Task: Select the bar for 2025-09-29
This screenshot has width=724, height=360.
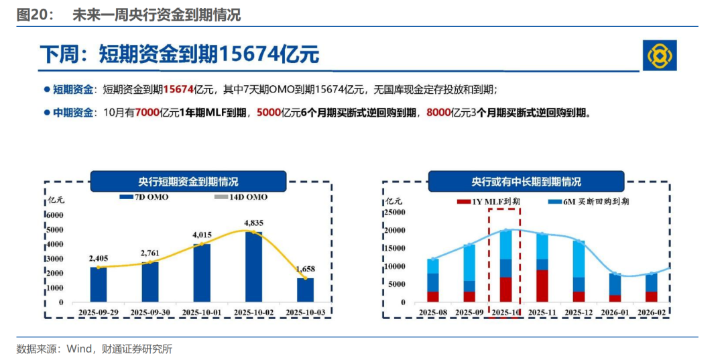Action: click(98, 284)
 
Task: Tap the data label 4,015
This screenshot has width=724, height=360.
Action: click(202, 235)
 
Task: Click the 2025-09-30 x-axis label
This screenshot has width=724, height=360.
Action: click(150, 312)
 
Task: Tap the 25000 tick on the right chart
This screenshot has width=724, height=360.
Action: click(395, 213)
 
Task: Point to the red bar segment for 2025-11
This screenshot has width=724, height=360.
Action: click(542, 286)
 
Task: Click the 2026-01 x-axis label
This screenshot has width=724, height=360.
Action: click(614, 312)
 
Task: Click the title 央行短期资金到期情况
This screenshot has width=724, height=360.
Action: click(188, 182)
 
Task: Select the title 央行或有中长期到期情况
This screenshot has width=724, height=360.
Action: click(526, 182)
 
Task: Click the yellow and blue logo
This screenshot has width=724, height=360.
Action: click(660, 55)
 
